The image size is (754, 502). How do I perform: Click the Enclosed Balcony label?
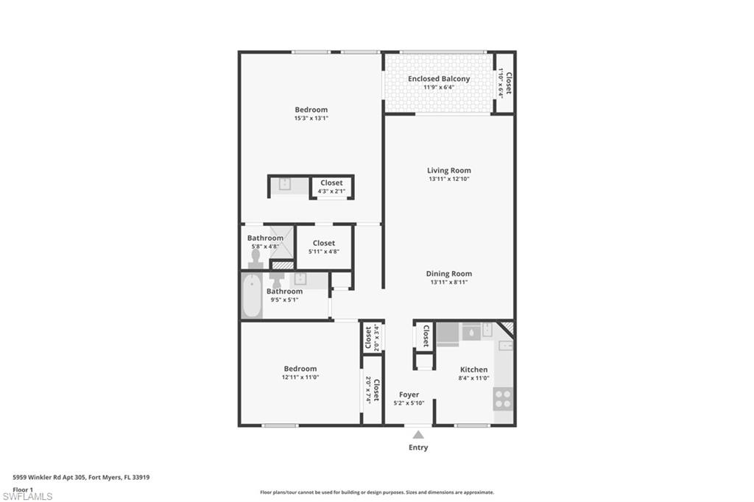pyautogui.click(x=439, y=79)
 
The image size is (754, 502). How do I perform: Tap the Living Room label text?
pyautogui.click(x=448, y=171)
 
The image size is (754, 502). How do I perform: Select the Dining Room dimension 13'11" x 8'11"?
pyautogui.click(x=448, y=282)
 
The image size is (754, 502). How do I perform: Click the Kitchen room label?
pyautogui.click(x=473, y=370)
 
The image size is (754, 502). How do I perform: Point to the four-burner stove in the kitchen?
pyautogui.click(x=503, y=399)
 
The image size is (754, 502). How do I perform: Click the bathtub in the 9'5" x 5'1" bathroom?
pyautogui.click(x=252, y=296)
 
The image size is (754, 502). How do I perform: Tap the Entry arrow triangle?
pyautogui.click(x=418, y=435)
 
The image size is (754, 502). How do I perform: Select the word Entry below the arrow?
pyautogui.click(x=418, y=448)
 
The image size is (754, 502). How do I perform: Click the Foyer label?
pyautogui.click(x=409, y=395)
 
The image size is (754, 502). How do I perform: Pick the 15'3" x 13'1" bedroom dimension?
pyautogui.click(x=311, y=118)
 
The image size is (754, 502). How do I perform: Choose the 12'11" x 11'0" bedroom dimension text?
pyautogui.click(x=300, y=377)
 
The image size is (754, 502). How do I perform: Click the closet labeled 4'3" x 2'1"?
pyautogui.click(x=331, y=187)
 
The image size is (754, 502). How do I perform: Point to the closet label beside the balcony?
pyautogui.click(x=508, y=82)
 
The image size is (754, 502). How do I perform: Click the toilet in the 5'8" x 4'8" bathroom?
pyautogui.click(x=256, y=258)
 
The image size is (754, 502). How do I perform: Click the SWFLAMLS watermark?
pyautogui.click(x=27, y=497)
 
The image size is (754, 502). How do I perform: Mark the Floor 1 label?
pyautogui.click(x=24, y=489)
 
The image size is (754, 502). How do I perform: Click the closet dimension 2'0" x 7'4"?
pyautogui.click(x=367, y=389)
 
